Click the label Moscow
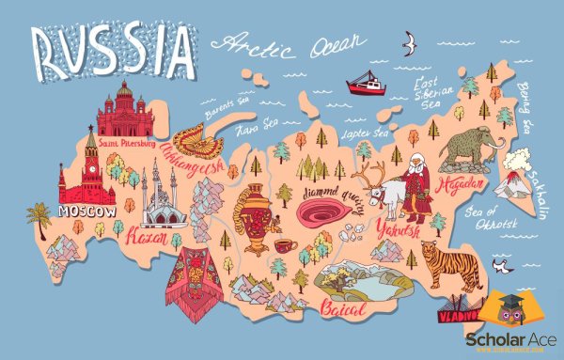coord(86,212)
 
